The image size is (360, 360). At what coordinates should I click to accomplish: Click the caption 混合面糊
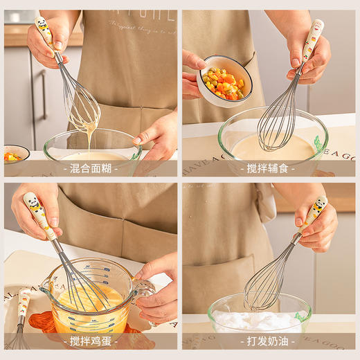coord(90,168)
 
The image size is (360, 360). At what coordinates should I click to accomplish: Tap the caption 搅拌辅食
coord(269,168)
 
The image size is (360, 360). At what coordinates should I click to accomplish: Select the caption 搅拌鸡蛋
coord(90,341)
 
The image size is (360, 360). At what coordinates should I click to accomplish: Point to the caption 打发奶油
coord(269,341)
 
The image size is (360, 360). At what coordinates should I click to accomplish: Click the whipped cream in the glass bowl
coord(256,321)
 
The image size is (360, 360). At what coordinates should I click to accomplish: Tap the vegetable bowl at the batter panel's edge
coord(15,154)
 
